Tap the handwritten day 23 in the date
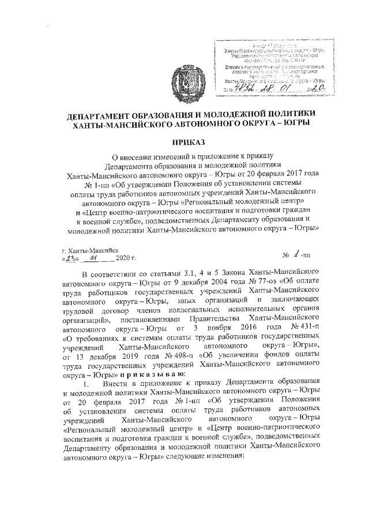click(x=71, y=259)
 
